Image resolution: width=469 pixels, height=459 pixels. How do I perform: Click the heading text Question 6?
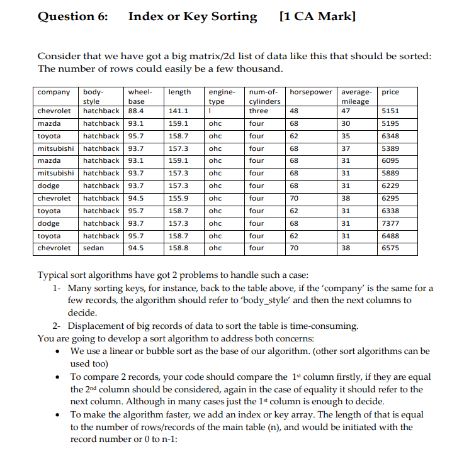[x=72, y=17]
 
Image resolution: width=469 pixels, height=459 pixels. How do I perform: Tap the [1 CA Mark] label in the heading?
[x=317, y=17]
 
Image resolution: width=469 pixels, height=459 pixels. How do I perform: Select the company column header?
[x=54, y=92]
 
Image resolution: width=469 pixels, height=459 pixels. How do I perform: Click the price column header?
[x=390, y=92]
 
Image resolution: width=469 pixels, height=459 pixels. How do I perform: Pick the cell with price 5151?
[x=391, y=111]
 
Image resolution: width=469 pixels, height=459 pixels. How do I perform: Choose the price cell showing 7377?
[x=391, y=223]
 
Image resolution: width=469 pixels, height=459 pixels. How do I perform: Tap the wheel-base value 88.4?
[x=135, y=111]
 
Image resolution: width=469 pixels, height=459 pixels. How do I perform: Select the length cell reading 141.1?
[x=179, y=111]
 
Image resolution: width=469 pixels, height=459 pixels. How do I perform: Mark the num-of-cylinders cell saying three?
[x=258, y=111]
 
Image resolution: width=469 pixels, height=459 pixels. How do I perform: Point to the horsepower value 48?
[x=293, y=111]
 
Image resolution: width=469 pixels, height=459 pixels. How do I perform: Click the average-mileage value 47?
[x=345, y=111]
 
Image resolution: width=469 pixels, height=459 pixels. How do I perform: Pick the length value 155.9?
[x=179, y=198]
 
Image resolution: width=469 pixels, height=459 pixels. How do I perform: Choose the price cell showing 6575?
[x=391, y=248]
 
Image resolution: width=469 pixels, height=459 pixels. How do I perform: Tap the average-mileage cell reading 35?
[x=345, y=136]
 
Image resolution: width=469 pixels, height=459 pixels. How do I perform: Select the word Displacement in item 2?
[x=98, y=326]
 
